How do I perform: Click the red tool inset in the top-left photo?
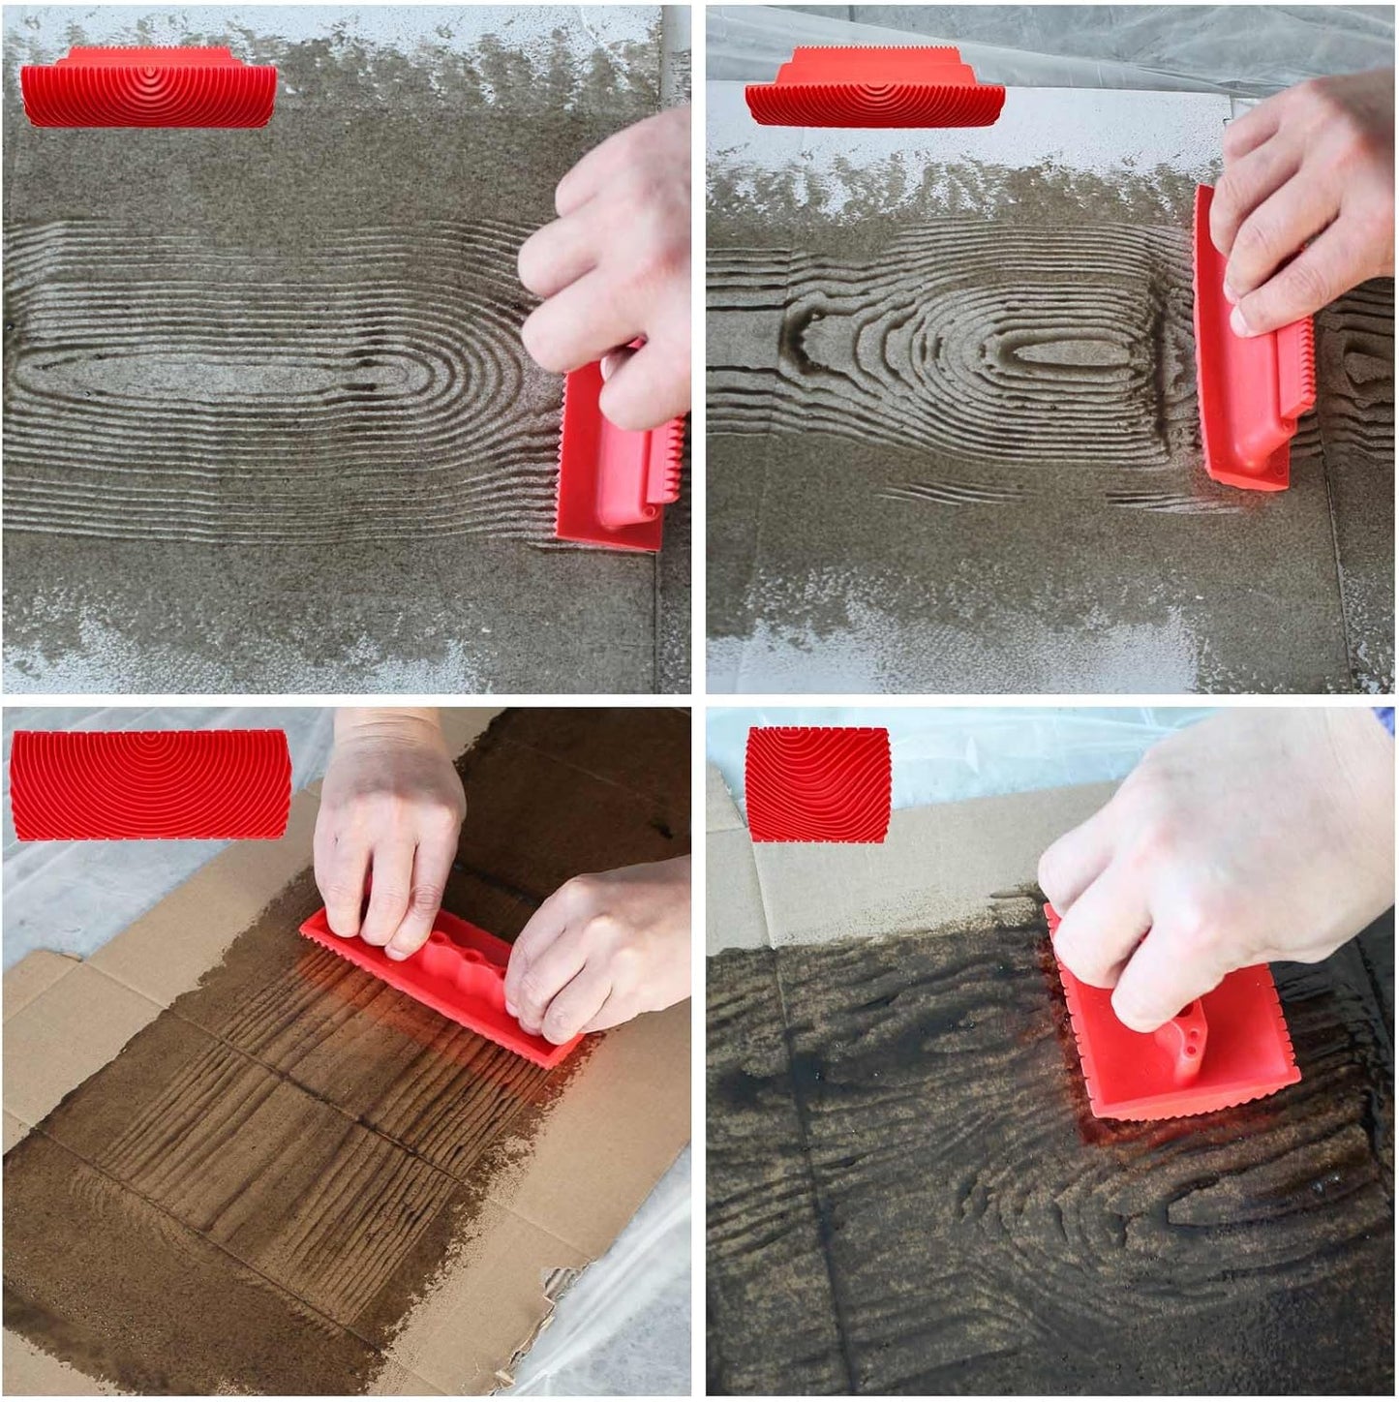(148, 87)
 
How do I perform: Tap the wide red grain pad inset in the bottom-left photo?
(150, 784)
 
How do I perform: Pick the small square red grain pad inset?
(818, 784)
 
